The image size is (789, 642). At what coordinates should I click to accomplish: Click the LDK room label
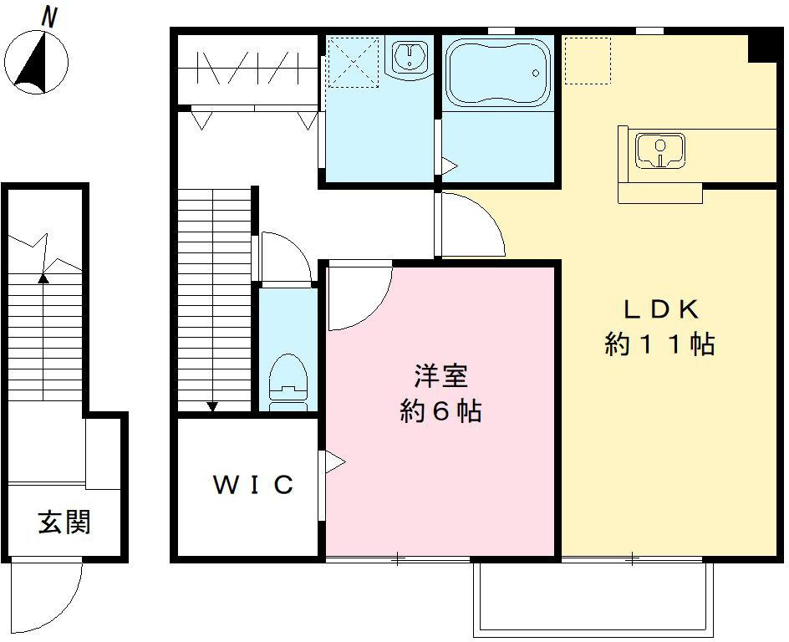coord(660,310)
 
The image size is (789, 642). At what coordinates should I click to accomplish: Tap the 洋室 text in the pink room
coord(441,376)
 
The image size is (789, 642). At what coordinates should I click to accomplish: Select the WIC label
coord(253,485)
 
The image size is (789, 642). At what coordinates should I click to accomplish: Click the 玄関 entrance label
coord(64,522)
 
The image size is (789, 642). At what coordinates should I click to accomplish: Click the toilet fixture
coord(288,382)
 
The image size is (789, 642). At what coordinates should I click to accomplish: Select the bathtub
coord(497,73)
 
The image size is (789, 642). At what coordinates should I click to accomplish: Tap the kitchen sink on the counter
coord(660,150)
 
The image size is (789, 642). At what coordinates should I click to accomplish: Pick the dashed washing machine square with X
coord(353,63)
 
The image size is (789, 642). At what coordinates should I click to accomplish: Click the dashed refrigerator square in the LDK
coord(588,60)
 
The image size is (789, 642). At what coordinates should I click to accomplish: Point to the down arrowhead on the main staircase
coord(213,406)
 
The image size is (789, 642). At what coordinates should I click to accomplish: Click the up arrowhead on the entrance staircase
coord(44,278)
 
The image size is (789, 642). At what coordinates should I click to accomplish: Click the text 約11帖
coord(659,344)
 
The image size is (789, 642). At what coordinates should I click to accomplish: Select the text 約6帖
coord(440,410)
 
